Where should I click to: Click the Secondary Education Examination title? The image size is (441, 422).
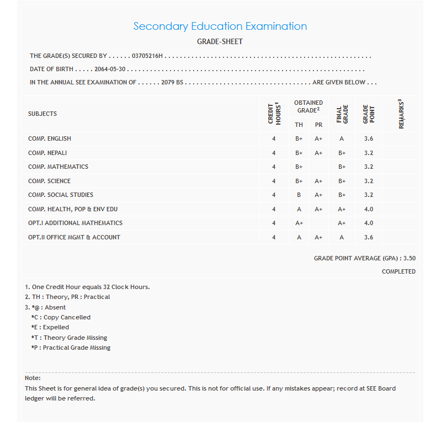click(x=220, y=26)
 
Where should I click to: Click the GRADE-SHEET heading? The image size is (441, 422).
click(x=220, y=41)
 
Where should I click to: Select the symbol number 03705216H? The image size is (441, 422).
click(x=147, y=56)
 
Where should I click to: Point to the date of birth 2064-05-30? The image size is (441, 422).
click(x=110, y=70)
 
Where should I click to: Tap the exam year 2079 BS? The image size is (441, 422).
click(x=172, y=82)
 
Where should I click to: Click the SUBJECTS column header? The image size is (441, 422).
click(x=42, y=114)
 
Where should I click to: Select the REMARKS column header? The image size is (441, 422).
click(x=401, y=114)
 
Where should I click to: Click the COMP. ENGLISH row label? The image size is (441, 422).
click(x=50, y=138)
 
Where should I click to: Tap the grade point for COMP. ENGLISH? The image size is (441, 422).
click(x=369, y=138)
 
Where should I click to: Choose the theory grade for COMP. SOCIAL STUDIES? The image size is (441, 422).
click(x=299, y=195)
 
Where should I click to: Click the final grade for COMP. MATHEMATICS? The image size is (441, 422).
click(x=342, y=167)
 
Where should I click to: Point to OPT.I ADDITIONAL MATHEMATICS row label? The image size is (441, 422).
click(x=75, y=223)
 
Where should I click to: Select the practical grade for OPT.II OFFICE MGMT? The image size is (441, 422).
click(x=318, y=237)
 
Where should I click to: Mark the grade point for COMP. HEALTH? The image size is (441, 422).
click(x=369, y=209)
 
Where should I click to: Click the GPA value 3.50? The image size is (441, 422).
click(x=409, y=258)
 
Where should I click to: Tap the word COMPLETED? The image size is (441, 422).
click(x=399, y=271)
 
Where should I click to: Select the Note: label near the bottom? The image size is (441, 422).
click(x=33, y=378)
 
